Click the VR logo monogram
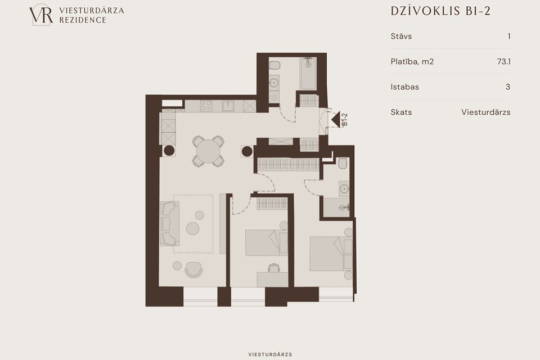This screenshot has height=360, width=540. pyautogui.click(x=41, y=15)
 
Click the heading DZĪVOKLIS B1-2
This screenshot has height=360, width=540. pyautogui.click(x=440, y=11)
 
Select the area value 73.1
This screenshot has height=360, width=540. pyautogui.click(x=503, y=62)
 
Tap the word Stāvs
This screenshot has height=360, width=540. pyautogui.click(x=401, y=36)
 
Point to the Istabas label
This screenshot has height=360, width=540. pyautogui.click(x=404, y=87)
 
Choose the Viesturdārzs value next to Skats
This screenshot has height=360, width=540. pyautogui.click(x=485, y=112)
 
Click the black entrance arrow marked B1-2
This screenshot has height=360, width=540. pyautogui.click(x=336, y=119)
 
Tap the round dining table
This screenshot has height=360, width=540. pyautogui.click(x=208, y=151)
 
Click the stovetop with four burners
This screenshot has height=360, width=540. pyautogui.click(x=206, y=106)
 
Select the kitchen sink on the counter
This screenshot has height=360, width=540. pyautogui.click(x=228, y=106)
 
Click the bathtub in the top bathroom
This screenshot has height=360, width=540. pyautogui.click(x=309, y=74)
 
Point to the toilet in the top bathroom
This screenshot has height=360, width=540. pyautogui.click(x=274, y=65)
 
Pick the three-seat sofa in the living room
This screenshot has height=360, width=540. pyautogui.click(x=169, y=223)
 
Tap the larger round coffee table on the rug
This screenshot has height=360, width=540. pyautogui.click(x=192, y=228)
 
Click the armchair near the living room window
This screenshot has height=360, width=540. pyautogui.click(x=193, y=270)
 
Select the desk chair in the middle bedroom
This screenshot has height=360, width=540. pyautogui.click(x=274, y=268)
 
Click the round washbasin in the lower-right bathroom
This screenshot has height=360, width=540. pyautogui.click(x=344, y=188)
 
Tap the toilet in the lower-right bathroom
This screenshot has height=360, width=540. pyautogui.click(x=343, y=163)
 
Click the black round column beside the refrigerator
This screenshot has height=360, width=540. pyautogui.click(x=169, y=151)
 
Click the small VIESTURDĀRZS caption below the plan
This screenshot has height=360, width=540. pyautogui.click(x=270, y=354)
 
